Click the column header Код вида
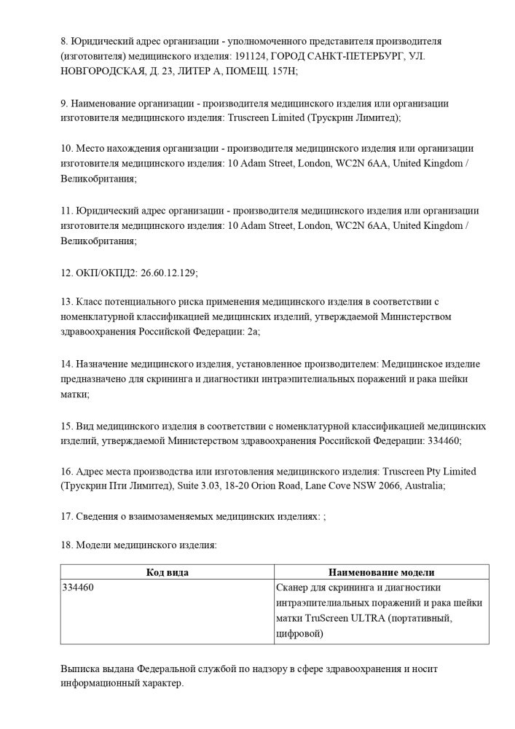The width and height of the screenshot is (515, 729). click(x=168, y=572)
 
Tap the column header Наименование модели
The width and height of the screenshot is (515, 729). click(x=381, y=572)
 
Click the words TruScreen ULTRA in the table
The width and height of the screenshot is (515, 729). click(x=340, y=619)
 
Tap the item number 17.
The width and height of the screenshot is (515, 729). click(x=66, y=516)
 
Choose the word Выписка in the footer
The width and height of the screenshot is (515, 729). click(x=82, y=668)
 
